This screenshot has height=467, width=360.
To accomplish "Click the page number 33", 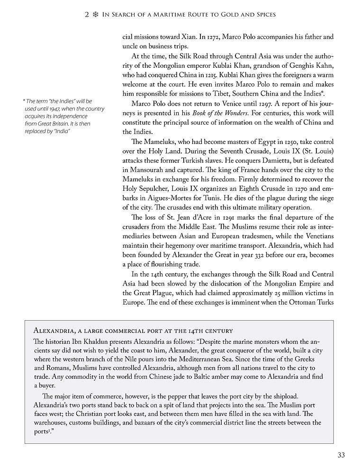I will click(x=341, y=455).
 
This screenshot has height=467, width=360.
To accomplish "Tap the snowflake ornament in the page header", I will click(x=95, y=15).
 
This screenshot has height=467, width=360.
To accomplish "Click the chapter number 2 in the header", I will click(x=87, y=15).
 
